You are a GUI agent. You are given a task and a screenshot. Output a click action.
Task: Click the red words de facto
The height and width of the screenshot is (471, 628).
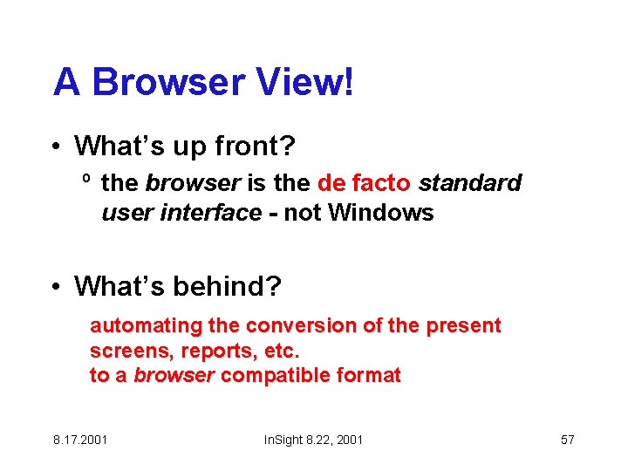click(x=365, y=184)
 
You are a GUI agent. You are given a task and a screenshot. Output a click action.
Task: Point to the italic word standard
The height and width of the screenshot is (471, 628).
click(x=470, y=184)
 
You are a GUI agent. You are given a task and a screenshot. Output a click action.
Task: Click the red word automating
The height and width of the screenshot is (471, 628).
click(x=146, y=327)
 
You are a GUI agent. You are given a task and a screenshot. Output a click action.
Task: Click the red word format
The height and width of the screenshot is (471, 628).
click(x=367, y=376)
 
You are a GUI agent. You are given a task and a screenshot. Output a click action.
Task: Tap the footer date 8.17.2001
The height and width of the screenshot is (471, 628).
click(x=80, y=440)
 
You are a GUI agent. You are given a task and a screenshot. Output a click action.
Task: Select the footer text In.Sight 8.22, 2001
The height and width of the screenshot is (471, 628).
click(x=313, y=440)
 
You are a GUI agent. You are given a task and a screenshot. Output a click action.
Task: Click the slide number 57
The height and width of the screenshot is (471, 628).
click(x=567, y=440)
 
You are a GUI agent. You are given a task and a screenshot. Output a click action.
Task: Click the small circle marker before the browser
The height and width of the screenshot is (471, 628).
click(x=86, y=181)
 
